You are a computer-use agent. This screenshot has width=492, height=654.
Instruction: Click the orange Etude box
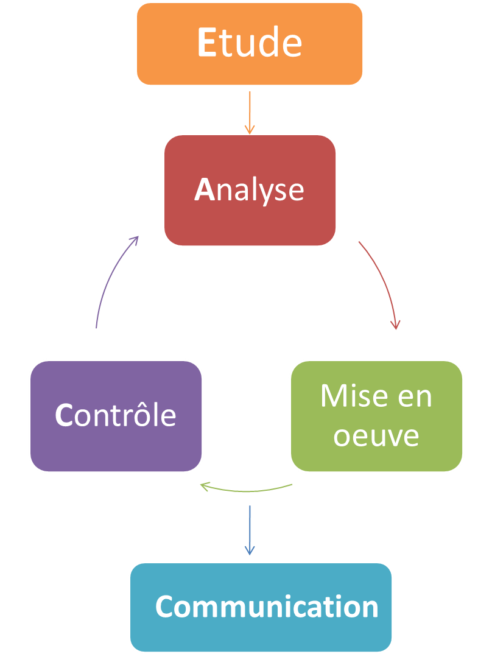(249, 44)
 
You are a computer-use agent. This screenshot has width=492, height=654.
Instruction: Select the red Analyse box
(249, 190)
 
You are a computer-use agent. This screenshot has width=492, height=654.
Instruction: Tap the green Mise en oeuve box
(376, 416)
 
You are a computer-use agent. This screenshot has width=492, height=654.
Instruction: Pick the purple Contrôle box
(116, 416)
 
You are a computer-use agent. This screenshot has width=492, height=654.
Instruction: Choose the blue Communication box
(261, 607)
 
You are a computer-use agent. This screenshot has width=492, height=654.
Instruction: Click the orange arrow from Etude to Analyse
(249, 112)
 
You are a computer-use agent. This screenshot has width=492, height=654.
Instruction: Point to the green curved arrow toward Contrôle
(247, 490)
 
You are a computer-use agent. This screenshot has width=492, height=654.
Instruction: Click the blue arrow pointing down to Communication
(249, 530)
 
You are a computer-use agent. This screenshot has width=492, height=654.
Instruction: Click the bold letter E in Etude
(207, 44)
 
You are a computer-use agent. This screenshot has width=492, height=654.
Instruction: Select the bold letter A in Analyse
(205, 190)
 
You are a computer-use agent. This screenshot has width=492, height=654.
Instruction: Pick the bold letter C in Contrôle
(64, 416)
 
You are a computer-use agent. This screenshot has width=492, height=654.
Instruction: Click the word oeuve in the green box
(376, 436)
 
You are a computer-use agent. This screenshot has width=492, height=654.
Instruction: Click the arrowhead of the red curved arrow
(396, 324)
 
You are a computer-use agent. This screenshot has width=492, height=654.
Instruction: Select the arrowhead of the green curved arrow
(206, 486)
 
